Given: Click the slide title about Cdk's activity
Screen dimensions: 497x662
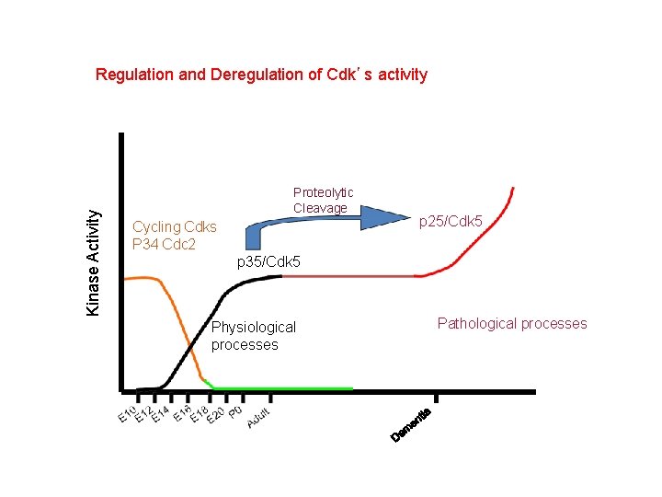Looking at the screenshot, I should (x=261, y=75).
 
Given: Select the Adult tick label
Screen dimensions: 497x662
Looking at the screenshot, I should (x=258, y=417).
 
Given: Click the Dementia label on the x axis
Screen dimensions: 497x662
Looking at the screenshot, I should (x=410, y=422).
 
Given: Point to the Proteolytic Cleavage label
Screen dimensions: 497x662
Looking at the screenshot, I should (x=323, y=200).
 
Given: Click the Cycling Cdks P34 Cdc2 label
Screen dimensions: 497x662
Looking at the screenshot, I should (x=175, y=236).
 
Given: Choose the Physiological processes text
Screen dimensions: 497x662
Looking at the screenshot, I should (x=253, y=336).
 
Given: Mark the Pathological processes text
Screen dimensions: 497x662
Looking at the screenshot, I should (x=511, y=323).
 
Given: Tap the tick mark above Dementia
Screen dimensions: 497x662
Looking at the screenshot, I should (x=435, y=398).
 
